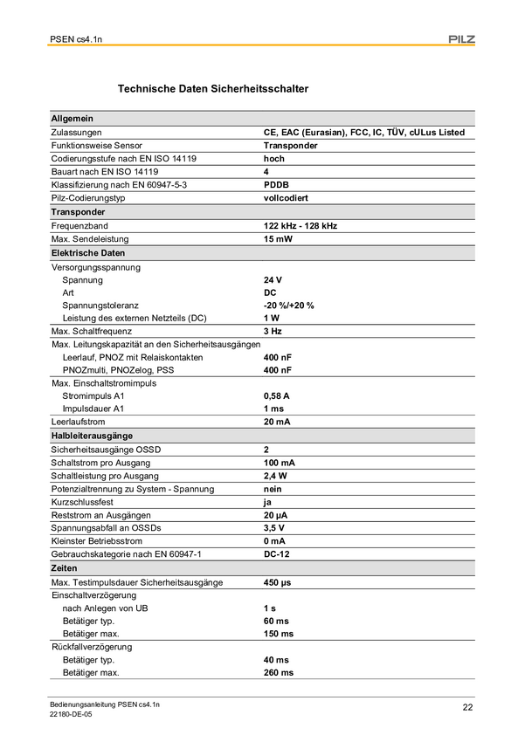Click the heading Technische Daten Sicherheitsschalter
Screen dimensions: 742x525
(x=212, y=89)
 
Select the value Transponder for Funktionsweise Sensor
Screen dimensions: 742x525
(x=290, y=146)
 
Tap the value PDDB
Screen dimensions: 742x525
(x=276, y=186)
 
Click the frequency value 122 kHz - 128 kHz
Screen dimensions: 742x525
(x=300, y=226)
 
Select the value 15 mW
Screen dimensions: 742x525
(x=279, y=239)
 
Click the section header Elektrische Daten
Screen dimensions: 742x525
(x=88, y=253)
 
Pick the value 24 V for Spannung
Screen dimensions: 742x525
(x=273, y=280)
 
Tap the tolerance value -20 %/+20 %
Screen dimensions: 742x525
(x=288, y=306)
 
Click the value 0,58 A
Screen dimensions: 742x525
(x=278, y=395)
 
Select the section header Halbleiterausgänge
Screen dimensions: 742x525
(x=92, y=436)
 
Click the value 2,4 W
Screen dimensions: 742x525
(x=276, y=476)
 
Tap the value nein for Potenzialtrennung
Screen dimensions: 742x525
(x=274, y=490)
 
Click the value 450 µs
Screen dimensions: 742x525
(x=279, y=582)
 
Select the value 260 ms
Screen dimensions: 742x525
(x=279, y=673)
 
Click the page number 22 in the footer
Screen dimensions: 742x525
(x=467, y=707)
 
